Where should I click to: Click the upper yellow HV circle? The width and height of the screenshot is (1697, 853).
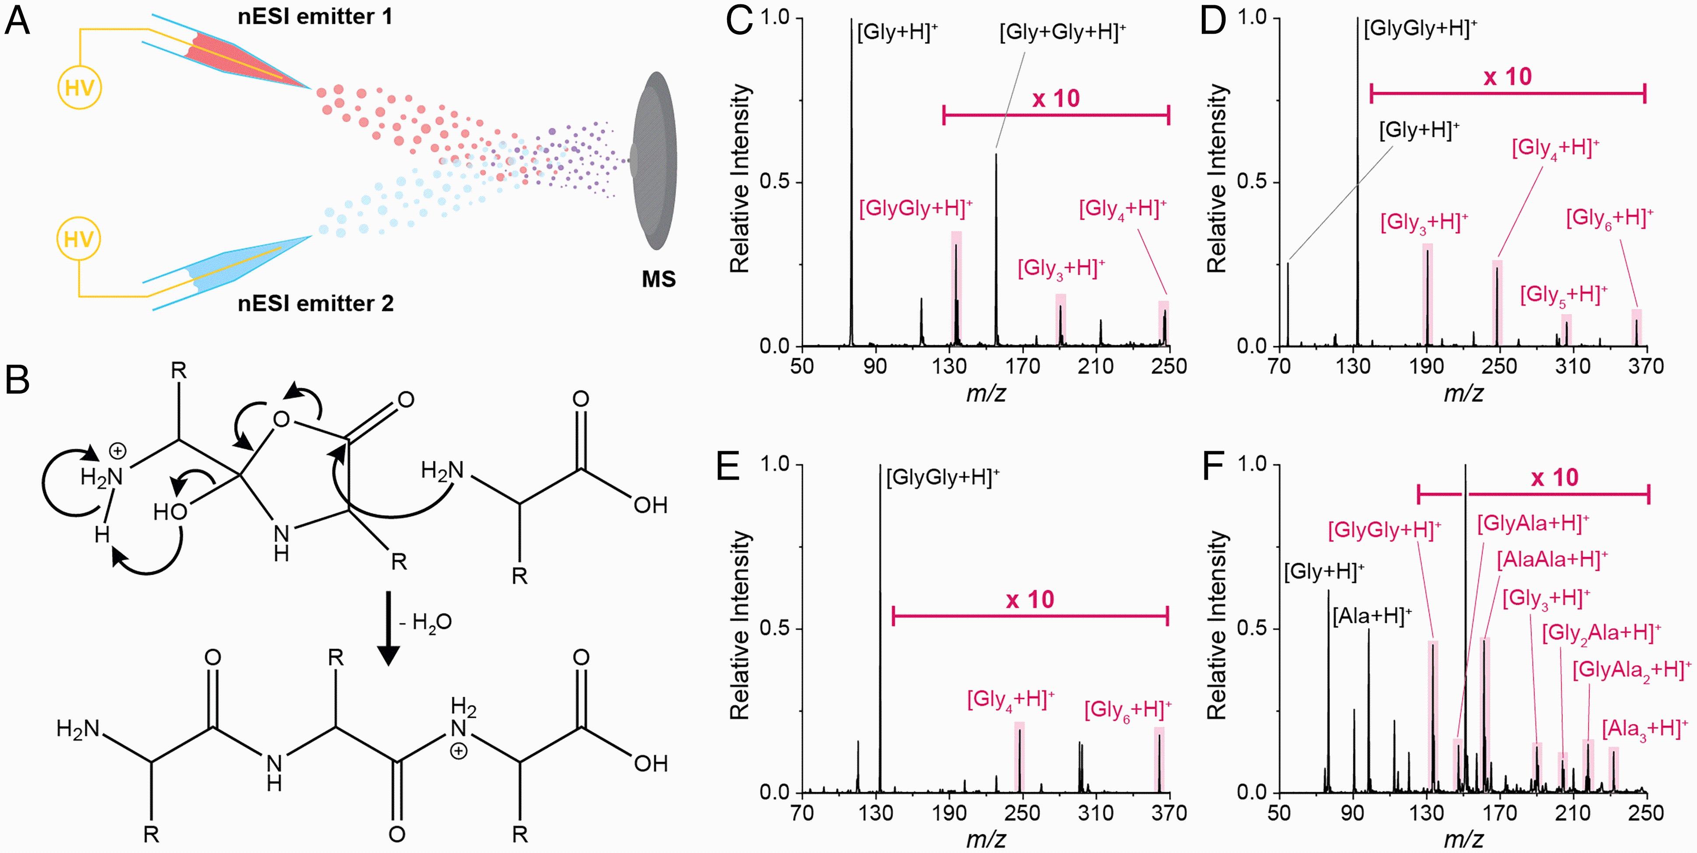coord(79,88)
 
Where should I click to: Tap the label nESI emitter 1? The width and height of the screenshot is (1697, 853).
coord(315,17)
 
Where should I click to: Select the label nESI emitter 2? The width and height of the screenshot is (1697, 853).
coord(315,303)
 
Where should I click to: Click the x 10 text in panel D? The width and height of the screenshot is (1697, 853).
coord(1507,77)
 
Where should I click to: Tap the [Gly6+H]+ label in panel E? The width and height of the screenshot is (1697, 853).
coord(1127,710)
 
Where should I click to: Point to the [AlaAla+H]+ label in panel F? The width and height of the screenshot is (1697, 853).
coord(1551,560)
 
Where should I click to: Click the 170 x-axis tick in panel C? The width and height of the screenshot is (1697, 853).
coord(1022,366)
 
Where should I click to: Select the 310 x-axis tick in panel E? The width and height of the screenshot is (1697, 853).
coord(1095,812)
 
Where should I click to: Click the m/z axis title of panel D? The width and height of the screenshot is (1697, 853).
coord(1463,393)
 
